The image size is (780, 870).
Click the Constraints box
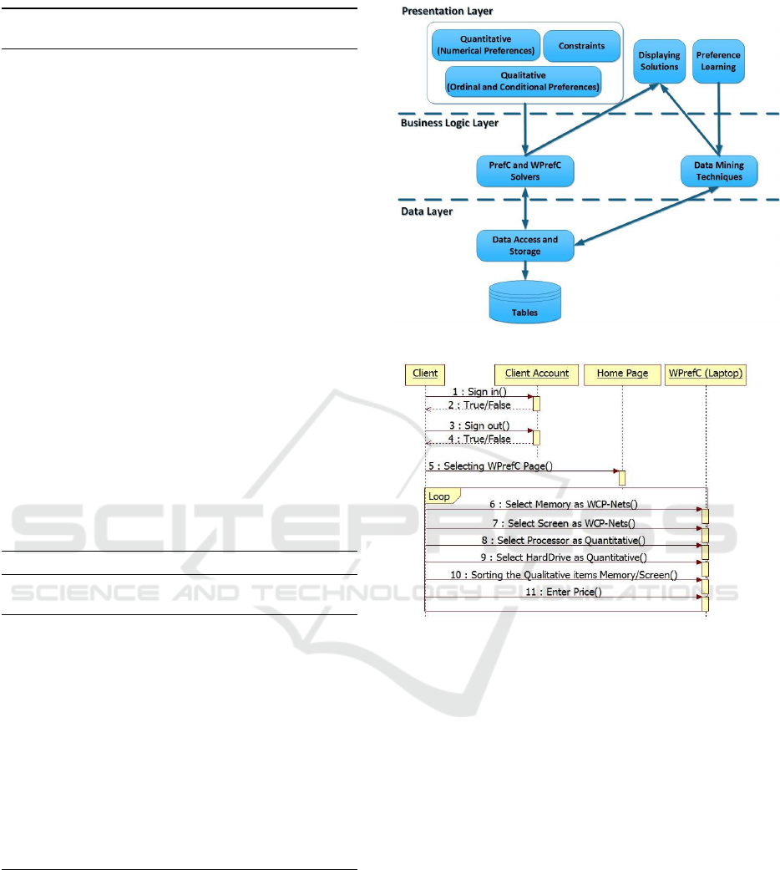coord(581,46)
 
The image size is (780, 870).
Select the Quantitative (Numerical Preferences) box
coord(486,45)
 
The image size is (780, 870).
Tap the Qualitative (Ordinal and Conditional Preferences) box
coord(524,82)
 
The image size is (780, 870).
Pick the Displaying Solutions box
coord(659,61)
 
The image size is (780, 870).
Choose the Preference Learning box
coord(718,61)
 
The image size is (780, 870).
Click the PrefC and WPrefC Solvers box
coord(525,170)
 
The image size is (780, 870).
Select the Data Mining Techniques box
coord(719,170)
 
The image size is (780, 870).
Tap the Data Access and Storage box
coord(525,245)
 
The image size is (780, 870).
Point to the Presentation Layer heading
coord(448,11)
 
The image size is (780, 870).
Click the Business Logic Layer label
coord(449,123)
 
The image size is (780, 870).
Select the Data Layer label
coord(427,211)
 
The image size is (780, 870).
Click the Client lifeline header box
coord(425,374)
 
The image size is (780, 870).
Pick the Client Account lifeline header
coord(537,374)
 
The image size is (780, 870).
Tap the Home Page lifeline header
coord(622,374)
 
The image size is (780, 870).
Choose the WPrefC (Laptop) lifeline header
coord(705,374)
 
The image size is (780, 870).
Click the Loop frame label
coord(439,496)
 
